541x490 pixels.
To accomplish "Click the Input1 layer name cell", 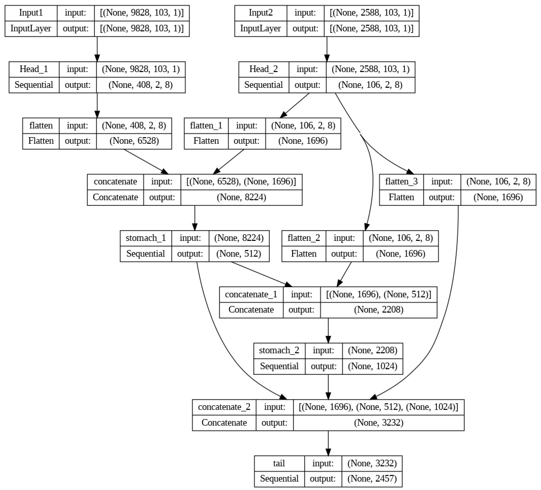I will click(31, 13).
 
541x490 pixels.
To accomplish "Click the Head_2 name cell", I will click(263, 69).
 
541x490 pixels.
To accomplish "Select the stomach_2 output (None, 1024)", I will click(373, 366).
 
